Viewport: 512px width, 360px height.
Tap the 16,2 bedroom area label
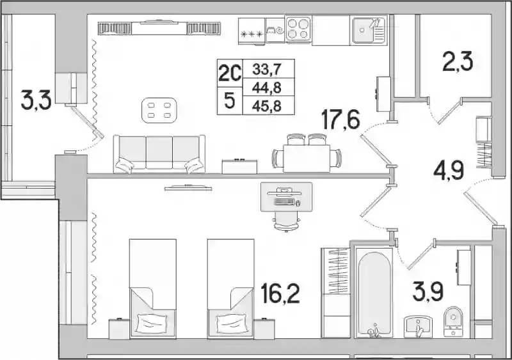(280, 293)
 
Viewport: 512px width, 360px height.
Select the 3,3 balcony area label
(36, 100)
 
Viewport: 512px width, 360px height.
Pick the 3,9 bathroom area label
(428, 292)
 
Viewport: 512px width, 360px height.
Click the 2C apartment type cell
(230, 73)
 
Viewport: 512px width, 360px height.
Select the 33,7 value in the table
(267, 70)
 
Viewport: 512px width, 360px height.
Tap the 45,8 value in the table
(267, 106)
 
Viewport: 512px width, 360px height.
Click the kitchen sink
(369, 30)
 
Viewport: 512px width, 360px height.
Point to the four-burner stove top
(298, 29)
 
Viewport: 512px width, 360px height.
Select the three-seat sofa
(159, 153)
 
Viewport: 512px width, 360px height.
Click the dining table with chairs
(307, 153)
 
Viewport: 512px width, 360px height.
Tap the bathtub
(374, 292)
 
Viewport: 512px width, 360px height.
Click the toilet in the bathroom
(454, 322)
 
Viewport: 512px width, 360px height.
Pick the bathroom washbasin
(419, 327)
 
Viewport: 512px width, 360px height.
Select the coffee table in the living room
(159, 110)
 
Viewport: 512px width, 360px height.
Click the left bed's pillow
(152, 323)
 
